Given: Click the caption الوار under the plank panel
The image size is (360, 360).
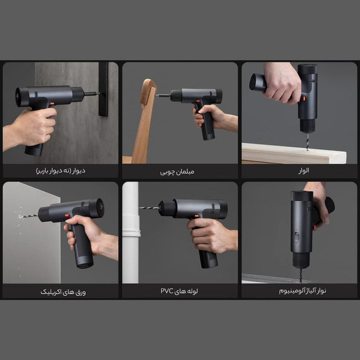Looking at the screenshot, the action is click(303, 170).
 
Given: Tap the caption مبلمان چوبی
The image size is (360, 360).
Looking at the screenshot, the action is click(177, 172).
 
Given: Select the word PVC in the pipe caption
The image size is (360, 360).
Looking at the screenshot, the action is click(167, 291).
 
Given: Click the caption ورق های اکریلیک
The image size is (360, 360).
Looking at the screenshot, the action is click(63, 292).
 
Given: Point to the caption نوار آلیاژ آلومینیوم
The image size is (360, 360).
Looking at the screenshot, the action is click(302, 291).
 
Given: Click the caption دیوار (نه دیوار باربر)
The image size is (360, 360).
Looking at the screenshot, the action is click(60, 171).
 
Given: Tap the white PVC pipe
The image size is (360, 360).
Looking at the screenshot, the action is click(131, 232).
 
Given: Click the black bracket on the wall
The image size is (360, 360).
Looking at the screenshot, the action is click(103, 89).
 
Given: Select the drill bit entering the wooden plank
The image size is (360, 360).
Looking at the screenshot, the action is click(307, 142).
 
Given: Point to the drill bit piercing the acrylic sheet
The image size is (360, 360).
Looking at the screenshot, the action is click(28, 216).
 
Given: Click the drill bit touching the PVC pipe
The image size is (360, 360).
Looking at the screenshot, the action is click(149, 208).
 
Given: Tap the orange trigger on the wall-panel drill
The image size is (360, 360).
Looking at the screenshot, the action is click(52, 104).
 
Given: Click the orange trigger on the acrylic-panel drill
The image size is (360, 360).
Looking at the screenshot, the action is click(67, 216).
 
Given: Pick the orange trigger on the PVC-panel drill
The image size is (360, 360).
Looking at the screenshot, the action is click(197, 216).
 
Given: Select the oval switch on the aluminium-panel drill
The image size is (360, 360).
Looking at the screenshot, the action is click(297, 237).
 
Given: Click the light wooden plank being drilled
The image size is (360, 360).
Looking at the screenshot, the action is click(294, 153).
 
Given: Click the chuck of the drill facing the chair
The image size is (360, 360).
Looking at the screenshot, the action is click(176, 96).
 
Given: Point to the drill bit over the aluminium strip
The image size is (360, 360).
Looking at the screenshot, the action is click(301, 276).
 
